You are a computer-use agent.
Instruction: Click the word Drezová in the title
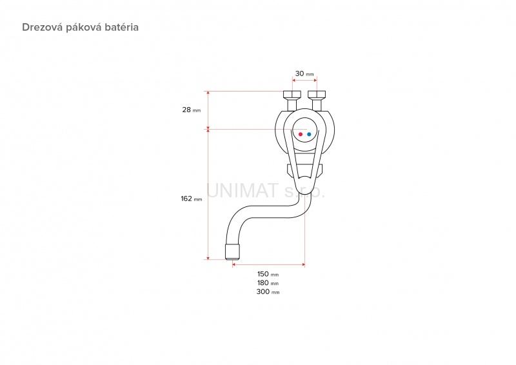point(43,27)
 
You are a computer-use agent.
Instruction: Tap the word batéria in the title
point(123,27)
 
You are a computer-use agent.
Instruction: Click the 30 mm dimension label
point(304,74)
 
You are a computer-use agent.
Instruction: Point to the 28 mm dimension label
point(191,110)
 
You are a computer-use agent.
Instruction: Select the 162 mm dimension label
point(191,199)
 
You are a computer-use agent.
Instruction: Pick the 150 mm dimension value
point(268,274)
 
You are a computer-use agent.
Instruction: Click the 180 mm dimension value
point(268,282)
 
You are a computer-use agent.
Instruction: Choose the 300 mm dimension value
point(268,291)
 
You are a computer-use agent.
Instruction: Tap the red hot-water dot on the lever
point(301,134)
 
